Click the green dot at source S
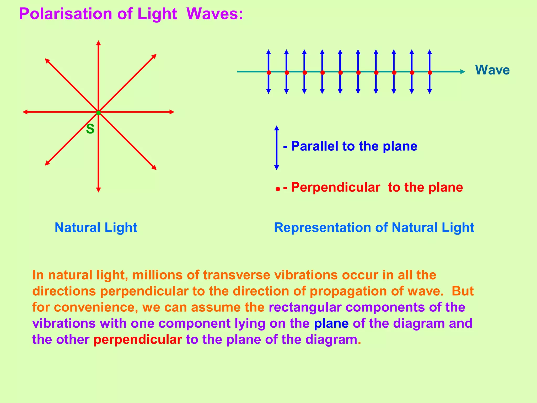98,113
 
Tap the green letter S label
90,129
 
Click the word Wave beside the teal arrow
492,70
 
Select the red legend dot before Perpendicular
278,189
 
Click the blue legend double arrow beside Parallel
276,148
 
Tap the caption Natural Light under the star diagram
96,227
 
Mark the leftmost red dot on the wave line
269,72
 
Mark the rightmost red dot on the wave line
430,72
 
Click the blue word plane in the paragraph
331,324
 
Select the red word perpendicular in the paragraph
138,340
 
